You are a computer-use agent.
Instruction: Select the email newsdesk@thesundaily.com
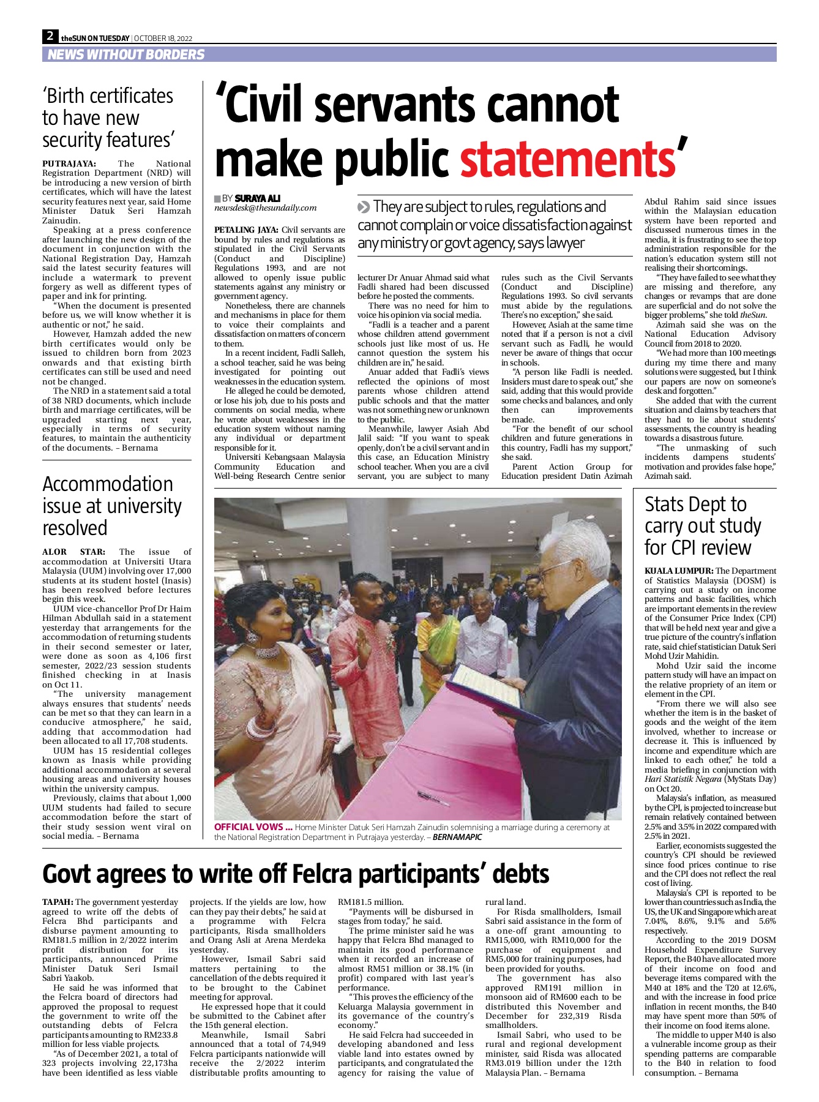(265, 208)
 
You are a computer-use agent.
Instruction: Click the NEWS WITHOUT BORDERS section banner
(126, 54)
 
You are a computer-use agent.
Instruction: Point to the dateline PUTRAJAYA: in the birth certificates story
(69, 163)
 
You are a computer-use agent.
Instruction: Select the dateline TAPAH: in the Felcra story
(58, 902)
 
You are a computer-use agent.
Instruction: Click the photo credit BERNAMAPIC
(457, 837)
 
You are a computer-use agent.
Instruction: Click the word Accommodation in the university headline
(108, 484)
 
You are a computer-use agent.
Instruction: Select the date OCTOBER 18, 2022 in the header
(163, 39)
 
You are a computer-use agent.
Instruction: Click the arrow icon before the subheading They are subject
(364, 207)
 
